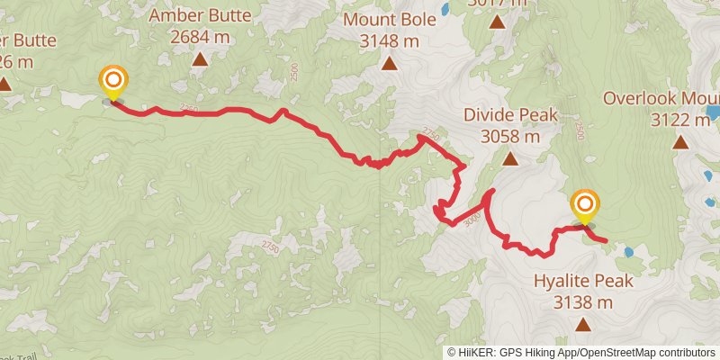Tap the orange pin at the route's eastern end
click(585, 206)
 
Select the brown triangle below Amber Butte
click(200, 60)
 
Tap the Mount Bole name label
click(389, 20)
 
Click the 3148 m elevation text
click(389, 41)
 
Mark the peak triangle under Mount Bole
click(389, 63)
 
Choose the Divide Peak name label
click(510, 115)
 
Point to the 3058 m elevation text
click(510, 137)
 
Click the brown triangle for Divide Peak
click(510, 159)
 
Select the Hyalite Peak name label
click(583, 281)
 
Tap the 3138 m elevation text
click(583, 302)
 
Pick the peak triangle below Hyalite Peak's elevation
click(583, 324)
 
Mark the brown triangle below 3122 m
click(681, 141)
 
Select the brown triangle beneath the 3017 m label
click(497, 22)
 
